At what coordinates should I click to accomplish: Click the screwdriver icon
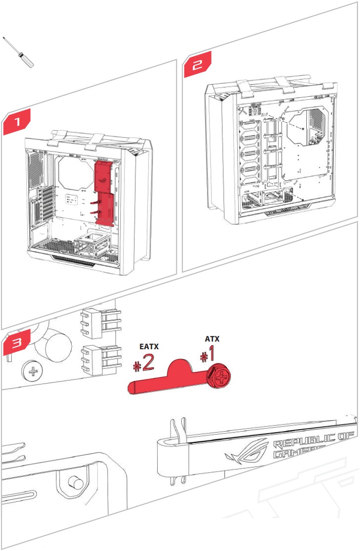pos(19,53)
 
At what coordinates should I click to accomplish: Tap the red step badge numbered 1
pos(17,122)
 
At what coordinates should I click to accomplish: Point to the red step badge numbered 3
pos(17,343)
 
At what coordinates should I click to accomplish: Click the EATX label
pos(149,347)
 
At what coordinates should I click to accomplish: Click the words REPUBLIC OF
pos(313,442)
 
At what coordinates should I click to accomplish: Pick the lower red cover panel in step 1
pos(105,209)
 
